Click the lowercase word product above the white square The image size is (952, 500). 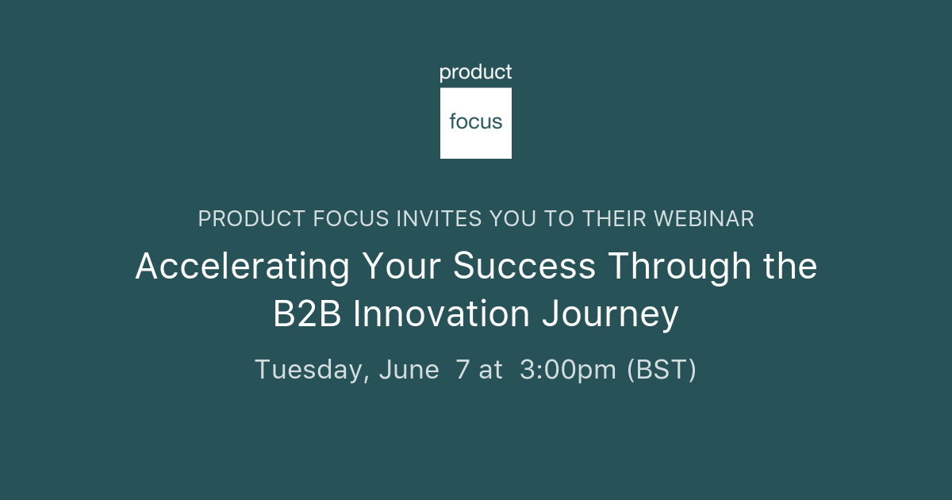click(x=476, y=73)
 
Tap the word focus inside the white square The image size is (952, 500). click(x=476, y=122)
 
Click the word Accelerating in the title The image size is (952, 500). click(x=242, y=267)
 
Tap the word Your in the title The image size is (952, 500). click(x=401, y=267)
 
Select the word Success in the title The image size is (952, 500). click(x=524, y=267)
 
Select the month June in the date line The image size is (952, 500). click(x=409, y=370)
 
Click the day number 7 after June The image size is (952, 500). click(x=463, y=370)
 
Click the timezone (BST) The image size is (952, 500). click(x=662, y=370)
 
